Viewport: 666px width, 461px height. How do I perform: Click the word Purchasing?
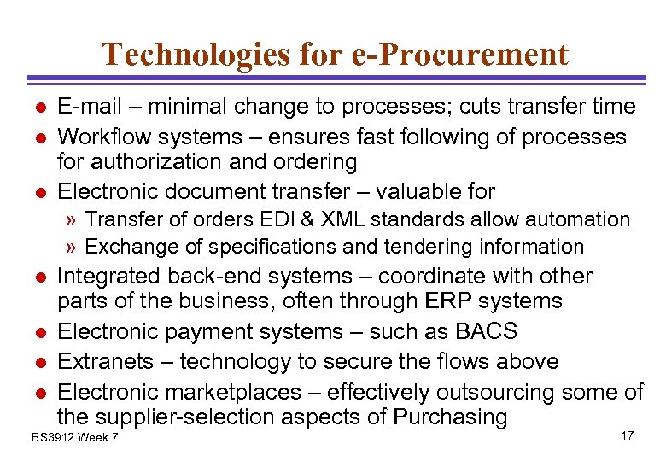point(450,417)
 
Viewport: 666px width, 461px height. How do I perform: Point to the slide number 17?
point(627,436)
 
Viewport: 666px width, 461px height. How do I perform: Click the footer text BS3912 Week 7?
point(74,438)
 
